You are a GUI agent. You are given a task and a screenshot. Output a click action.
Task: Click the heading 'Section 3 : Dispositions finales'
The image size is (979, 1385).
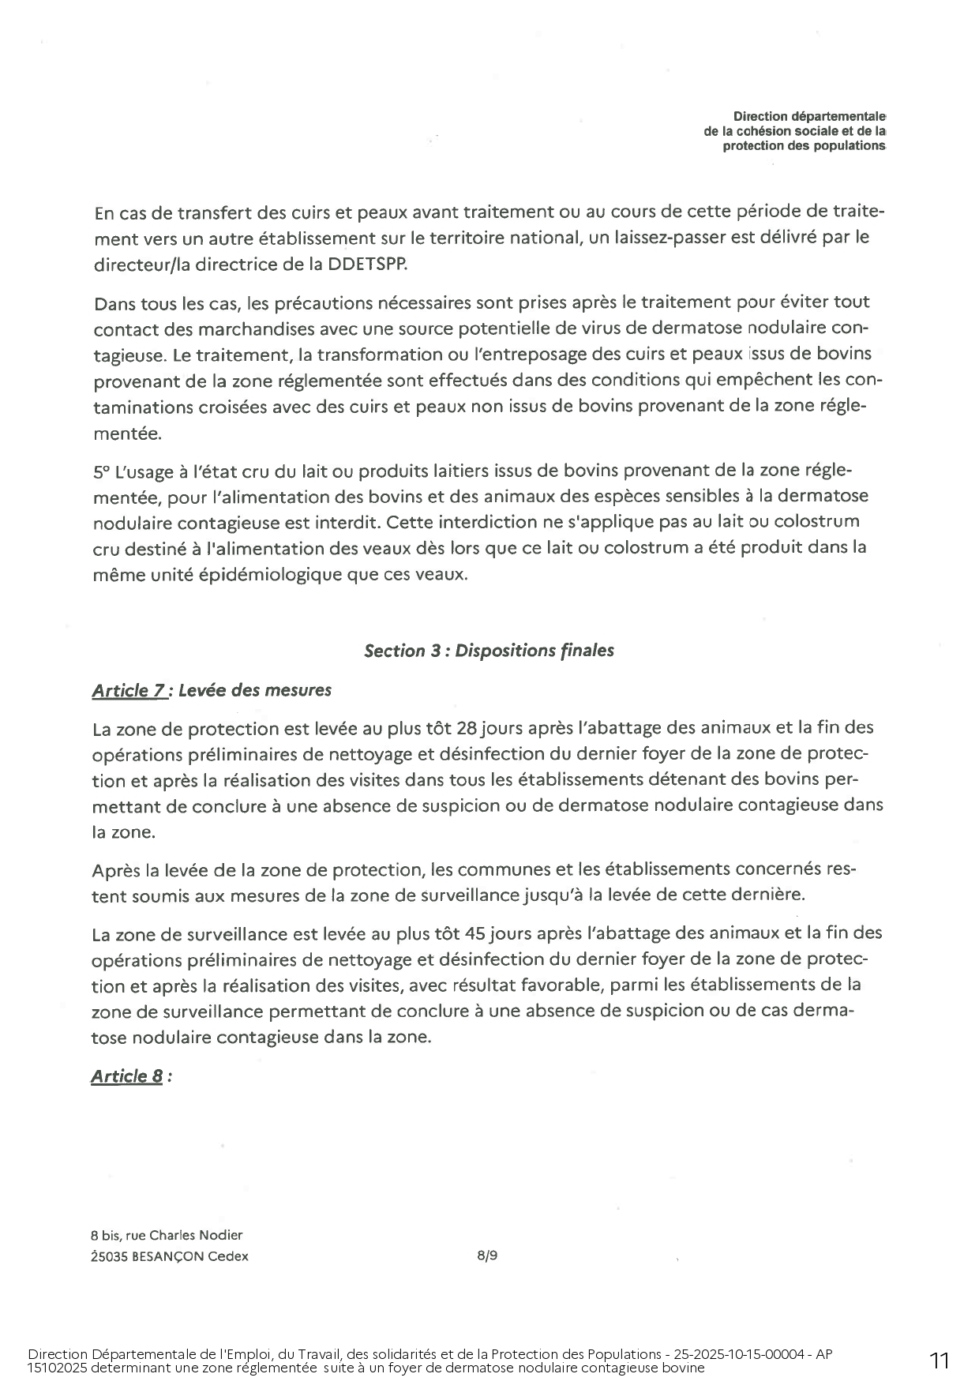tap(489, 651)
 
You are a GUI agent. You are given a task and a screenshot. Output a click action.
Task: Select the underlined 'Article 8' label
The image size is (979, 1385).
tap(127, 1076)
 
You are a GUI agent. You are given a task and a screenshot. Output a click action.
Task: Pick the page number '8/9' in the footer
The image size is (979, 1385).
tap(487, 1256)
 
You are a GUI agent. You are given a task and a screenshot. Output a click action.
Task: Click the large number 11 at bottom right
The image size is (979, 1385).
tap(940, 1360)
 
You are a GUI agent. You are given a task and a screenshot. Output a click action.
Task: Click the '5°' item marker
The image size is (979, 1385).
tap(102, 472)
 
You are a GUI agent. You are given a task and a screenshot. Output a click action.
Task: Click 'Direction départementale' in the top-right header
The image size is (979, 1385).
tap(809, 117)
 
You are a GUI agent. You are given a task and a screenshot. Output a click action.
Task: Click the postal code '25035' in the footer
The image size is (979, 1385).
tap(107, 1256)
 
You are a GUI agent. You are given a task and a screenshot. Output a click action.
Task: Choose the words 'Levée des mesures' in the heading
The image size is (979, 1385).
tap(255, 691)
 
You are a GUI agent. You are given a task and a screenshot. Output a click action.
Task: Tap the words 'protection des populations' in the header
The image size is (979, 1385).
tap(805, 146)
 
